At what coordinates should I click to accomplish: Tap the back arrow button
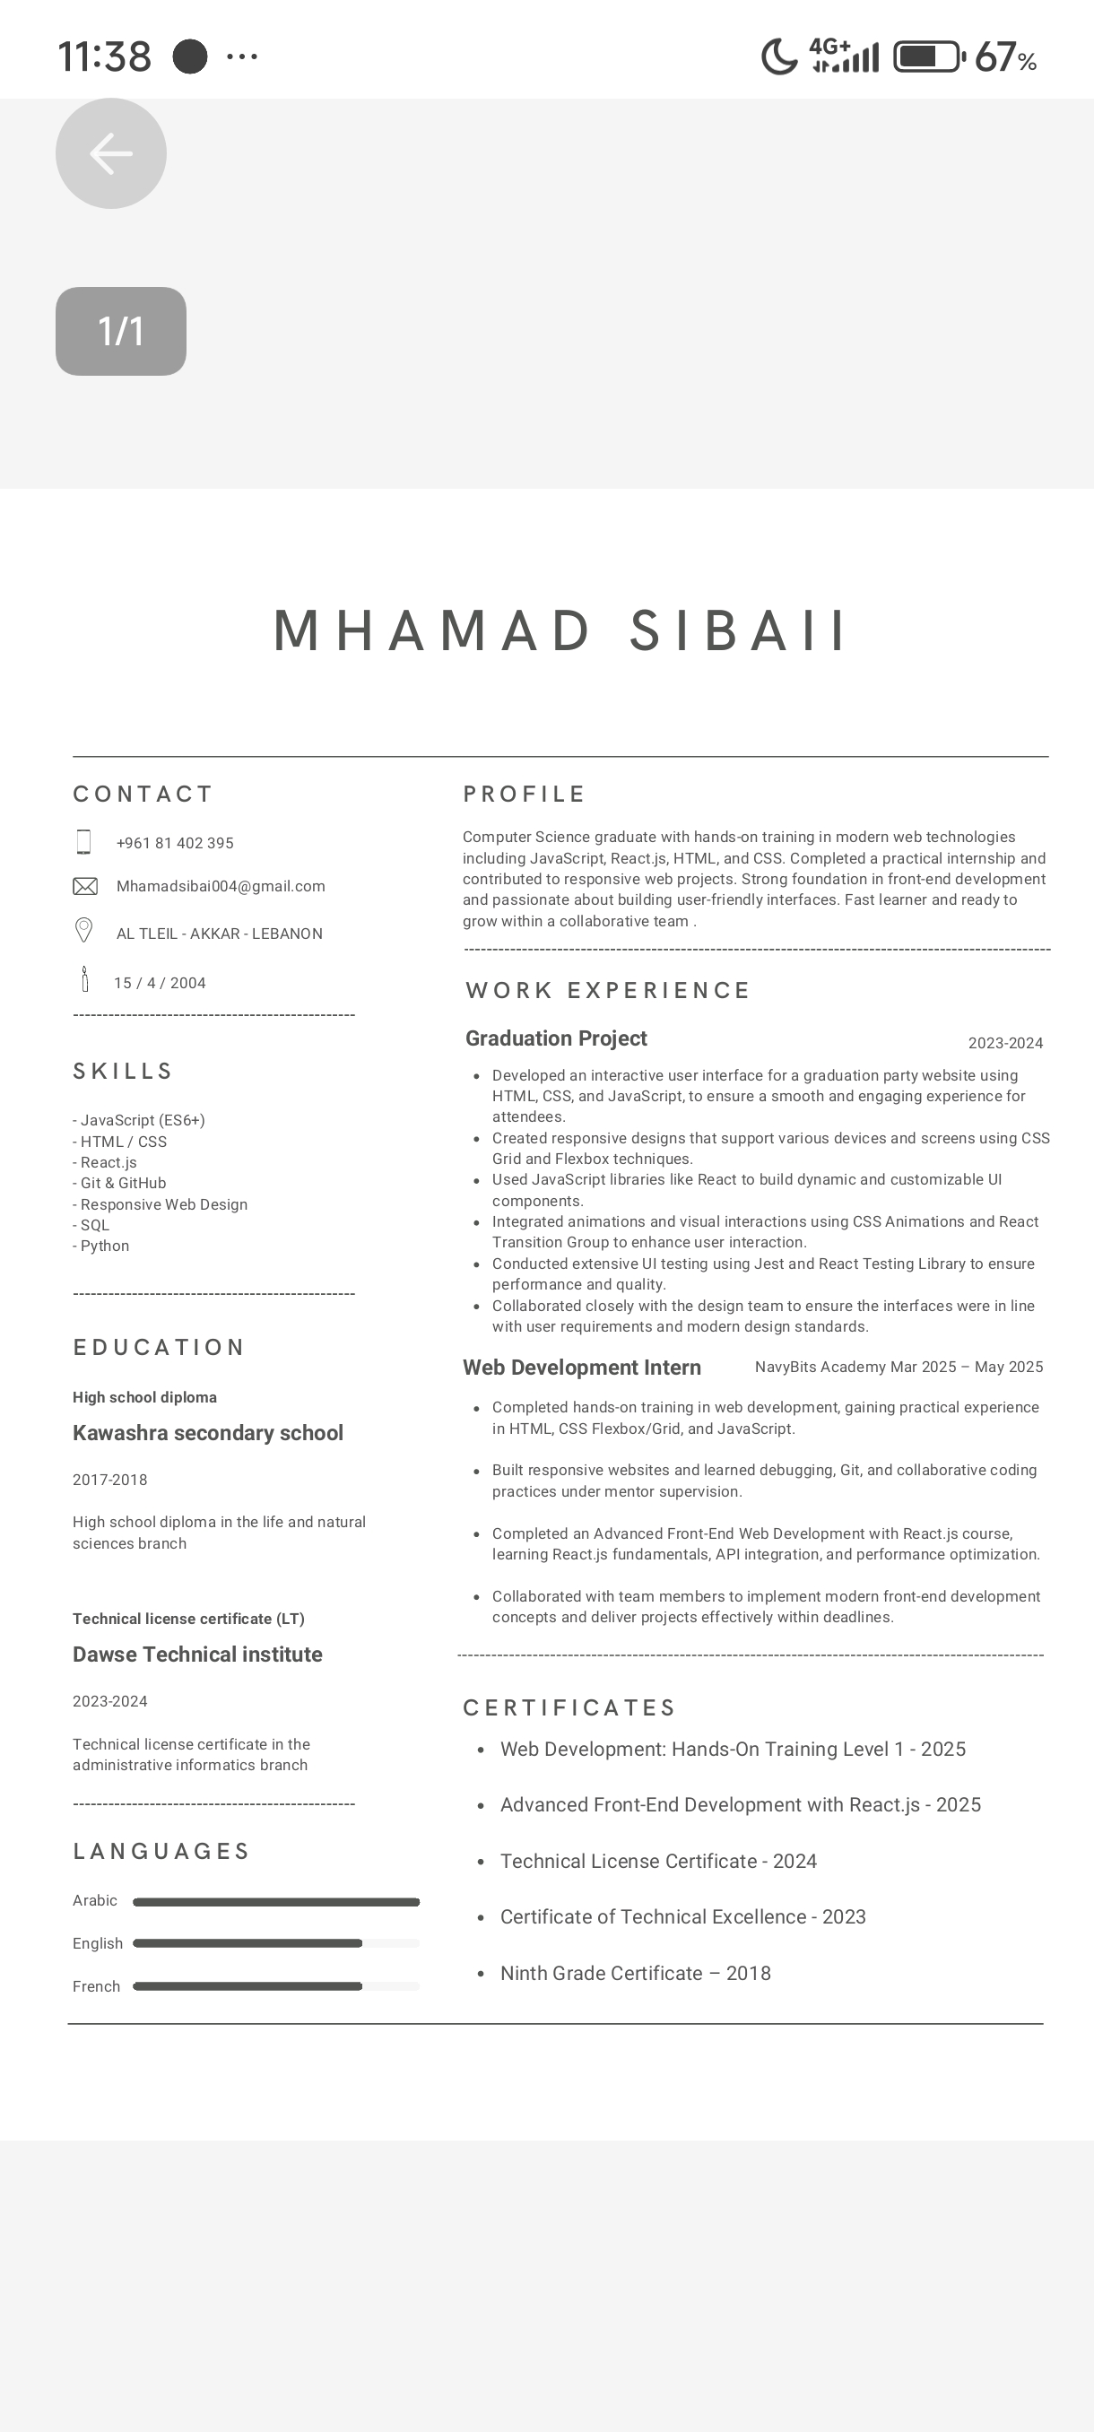(110, 153)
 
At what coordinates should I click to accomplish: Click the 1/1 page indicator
(121, 332)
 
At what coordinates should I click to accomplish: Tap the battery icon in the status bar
(928, 56)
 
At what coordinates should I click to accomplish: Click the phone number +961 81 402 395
(175, 843)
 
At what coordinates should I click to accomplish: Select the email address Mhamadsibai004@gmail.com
(220, 887)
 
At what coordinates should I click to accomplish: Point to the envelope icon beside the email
(85, 887)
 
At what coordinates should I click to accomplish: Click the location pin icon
(84, 931)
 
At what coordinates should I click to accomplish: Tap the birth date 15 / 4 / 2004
(160, 983)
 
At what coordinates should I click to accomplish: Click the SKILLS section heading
(124, 1072)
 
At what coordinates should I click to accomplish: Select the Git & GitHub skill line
(120, 1183)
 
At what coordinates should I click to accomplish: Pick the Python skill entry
(101, 1246)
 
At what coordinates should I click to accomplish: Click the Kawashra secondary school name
(208, 1433)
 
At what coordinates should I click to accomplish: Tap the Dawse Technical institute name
(197, 1654)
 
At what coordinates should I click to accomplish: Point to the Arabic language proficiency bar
(275, 1902)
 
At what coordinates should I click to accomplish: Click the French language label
(96, 1986)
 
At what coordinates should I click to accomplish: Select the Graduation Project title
(556, 1038)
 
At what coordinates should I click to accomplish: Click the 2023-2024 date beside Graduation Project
(1005, 1043)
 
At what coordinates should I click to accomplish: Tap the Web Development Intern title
(581, 1368)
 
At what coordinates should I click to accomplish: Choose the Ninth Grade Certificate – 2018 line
(635, 1973)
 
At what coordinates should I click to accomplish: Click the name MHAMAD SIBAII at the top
(560, 630)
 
